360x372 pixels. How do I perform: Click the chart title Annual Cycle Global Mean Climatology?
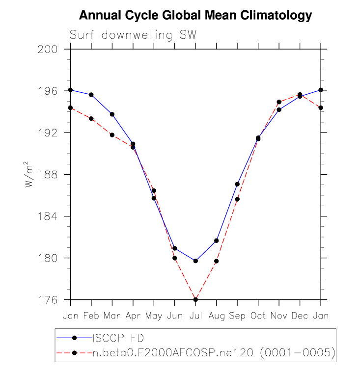[195, 15]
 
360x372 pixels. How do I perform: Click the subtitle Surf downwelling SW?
[133, 35]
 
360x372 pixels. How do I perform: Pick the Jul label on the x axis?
[195, 315]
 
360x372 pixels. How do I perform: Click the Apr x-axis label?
[133, 315]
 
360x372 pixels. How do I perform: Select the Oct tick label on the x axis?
[258, 315]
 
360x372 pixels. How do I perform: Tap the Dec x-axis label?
[300, 315]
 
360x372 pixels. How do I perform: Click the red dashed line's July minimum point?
[195, 299]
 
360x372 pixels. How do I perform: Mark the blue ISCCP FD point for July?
[195, 261]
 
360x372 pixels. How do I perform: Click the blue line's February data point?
[91, 95]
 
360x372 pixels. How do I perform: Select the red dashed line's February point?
[91, 118]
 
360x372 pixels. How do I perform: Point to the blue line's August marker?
[217, 240]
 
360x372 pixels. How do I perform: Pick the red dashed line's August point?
[217, 261]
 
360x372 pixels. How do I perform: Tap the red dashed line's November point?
[279, 102]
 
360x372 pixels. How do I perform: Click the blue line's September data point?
[237, 184]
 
